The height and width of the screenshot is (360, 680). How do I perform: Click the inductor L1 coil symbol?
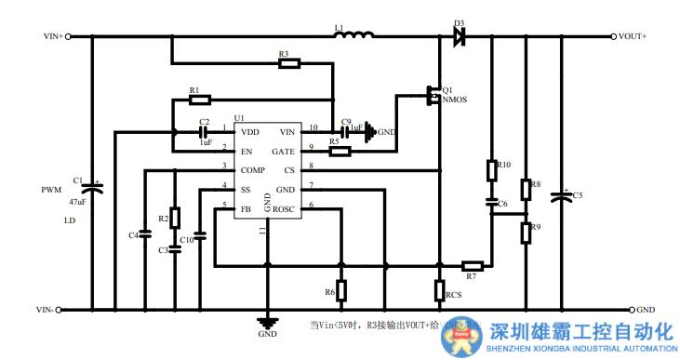[x=355, y=36]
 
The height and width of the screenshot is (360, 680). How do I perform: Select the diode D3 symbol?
[x=459, y=36]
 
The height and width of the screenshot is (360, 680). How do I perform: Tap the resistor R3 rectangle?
[x=289, y=64]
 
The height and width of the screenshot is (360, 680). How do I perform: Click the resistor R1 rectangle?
[x=199, y=99]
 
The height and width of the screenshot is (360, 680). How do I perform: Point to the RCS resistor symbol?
[x=440, y=290]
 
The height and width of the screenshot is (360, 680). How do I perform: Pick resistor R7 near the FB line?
[x=472, y=265]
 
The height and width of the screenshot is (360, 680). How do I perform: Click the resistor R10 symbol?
[x=492, y=171]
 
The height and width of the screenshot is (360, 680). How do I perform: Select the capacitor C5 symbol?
[x=561, y=196]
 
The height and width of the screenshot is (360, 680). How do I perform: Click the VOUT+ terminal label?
[x=633, y=36]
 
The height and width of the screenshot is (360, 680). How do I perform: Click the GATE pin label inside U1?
[x=283, y=150]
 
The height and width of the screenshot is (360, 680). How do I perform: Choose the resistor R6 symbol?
[x=341, y=291]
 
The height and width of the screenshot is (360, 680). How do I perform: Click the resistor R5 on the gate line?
[x=341, y=151]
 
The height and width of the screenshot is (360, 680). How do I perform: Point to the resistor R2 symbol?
[x=174, y=219]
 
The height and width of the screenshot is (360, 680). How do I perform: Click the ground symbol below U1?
[x=266, y=323]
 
